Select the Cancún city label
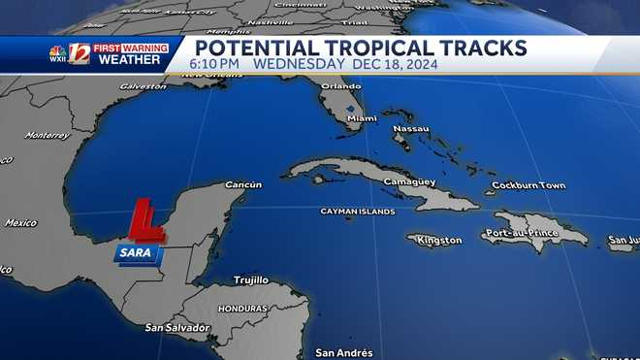[x=242, y=184]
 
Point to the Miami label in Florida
[x=362, y=118]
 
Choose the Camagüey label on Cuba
[x=408, y=182]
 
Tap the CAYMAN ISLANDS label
[x=358, y=211]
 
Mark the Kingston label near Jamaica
[x=439, y=240]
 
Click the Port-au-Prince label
[x=523, y=234]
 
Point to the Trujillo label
[x=250, y=279]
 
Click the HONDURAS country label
[x=241, y=309]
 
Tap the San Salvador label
[x=177, y=328]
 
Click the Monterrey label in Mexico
[x=48, y=135]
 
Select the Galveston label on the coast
[x=143, y=86]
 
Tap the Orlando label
[x=340, y=85]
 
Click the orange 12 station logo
[x=79, y=53]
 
